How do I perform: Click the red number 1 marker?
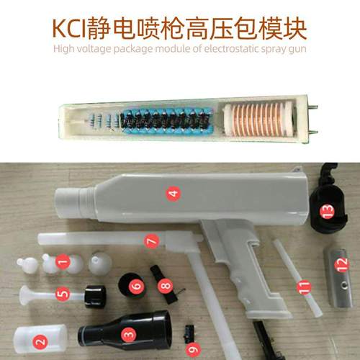62,262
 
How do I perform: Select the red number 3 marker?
128,334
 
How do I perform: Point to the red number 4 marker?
171,193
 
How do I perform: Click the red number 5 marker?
63,294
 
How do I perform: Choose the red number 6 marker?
135,286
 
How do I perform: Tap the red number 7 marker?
150,242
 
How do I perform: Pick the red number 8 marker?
166,286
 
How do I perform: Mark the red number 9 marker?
192,349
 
